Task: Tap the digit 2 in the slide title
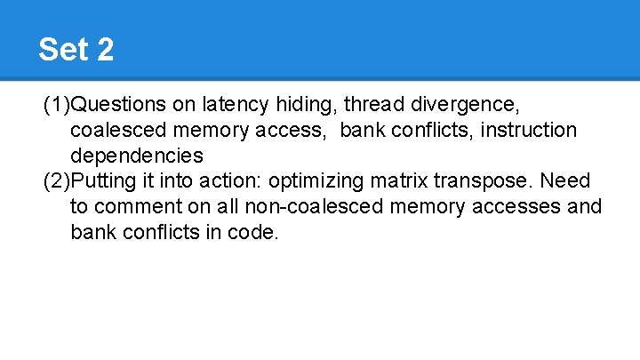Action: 104,50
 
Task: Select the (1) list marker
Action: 56,105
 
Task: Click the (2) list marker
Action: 56,181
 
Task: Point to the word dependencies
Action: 137,156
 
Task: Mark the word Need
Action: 564,181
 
